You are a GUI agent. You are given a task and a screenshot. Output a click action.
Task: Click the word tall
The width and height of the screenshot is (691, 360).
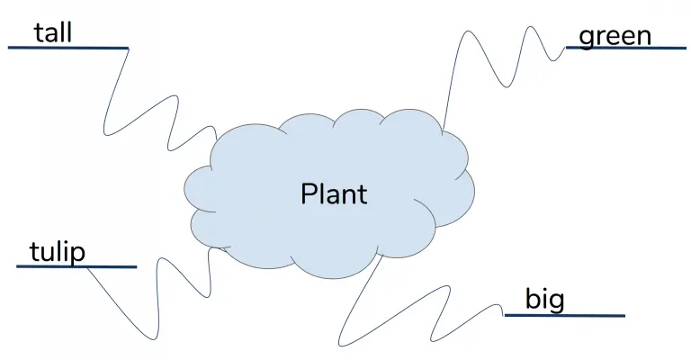pos(53,33)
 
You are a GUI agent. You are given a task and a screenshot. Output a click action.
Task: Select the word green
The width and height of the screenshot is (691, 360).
pos(615,37)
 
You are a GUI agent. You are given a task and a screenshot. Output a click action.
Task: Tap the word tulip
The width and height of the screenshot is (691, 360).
pos(58,253)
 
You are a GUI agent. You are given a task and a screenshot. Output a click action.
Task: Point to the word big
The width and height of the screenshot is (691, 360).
pos(544,300)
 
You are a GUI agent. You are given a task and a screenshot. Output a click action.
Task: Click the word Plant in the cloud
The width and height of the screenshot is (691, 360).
pos(334,193)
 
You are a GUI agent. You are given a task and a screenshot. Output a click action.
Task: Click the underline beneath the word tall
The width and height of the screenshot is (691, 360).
pos(68,48)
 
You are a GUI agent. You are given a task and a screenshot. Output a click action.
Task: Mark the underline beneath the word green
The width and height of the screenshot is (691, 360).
pos(626,48)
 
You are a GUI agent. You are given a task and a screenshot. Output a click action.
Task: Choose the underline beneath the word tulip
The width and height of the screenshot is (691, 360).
pos(76,266)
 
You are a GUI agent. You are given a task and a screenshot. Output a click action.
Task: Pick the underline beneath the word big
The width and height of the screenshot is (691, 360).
pos(564,316)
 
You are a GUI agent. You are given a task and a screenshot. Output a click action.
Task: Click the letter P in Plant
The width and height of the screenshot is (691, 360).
pos(309,193)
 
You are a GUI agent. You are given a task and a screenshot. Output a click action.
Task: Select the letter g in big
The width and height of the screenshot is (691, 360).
pos(557,303)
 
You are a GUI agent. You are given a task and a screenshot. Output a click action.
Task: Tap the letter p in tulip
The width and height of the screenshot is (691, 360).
pos(77,256)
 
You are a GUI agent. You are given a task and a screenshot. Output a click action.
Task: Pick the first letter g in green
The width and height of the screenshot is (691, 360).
pos(587,40)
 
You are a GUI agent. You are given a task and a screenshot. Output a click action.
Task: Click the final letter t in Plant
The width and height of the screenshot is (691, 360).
pos(362,194)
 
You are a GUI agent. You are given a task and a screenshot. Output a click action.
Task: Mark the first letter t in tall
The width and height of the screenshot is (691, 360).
pos(40,33)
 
